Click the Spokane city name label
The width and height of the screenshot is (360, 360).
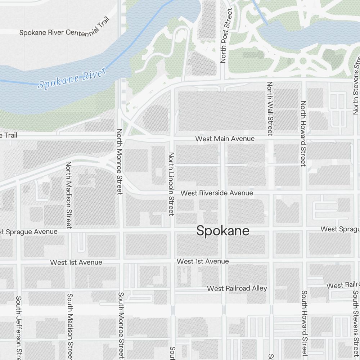pos(223,231)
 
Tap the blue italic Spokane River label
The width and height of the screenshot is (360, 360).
pos(72,79)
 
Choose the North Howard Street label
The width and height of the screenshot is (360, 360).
pos(303,134)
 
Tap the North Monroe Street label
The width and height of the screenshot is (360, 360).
pos(120,162)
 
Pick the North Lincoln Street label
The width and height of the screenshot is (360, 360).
pos(171,184)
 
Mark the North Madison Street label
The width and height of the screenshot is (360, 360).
pos(69,195)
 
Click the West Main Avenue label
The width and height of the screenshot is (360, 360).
pos(225,139)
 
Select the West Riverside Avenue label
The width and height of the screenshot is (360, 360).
pos(217,193)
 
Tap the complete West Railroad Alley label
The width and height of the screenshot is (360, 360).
pos(237,288)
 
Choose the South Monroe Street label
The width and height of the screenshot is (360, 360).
pos(121,326)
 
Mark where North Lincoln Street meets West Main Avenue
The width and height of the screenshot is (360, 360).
pos(172,138)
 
